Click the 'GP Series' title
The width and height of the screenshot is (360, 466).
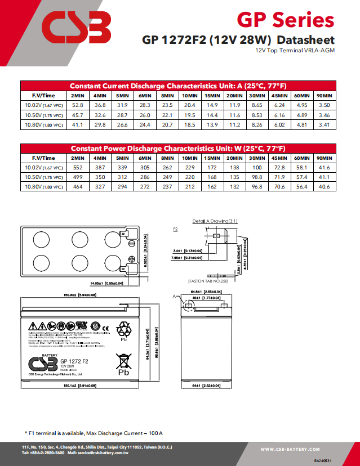tap(285, 20)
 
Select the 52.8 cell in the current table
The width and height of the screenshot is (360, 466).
tap(78, 105)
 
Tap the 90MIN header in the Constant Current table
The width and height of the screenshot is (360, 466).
tap(324, 95)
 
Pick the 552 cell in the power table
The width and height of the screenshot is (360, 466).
tap(78, 168)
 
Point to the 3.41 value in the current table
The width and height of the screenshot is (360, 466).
tap(324, 124)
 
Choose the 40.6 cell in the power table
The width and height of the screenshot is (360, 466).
tap(324, 186)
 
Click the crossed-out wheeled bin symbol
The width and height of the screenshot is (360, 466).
tap(123, 360)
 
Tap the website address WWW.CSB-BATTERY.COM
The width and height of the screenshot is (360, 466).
tap(290, 449)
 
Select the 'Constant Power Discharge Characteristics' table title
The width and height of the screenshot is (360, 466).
tap(178, 148)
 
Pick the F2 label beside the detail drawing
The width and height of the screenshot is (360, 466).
tap(175, 230)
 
